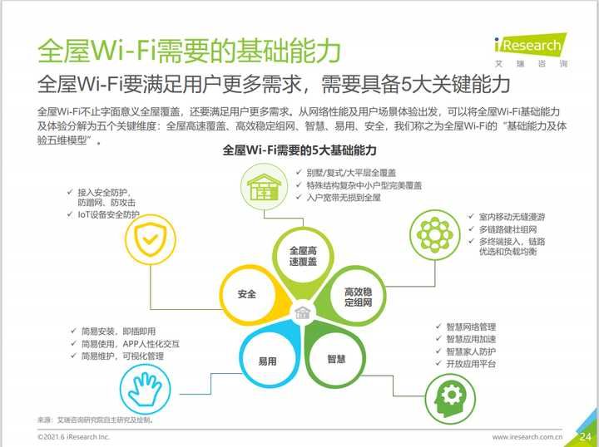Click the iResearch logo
(x=531, y=50)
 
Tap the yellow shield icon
(x=151, y=239)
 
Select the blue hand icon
(x=145, y=389)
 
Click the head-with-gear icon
(x=450, y=399)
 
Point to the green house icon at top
(x=264, y=187)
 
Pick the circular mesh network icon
(x=435, y=235)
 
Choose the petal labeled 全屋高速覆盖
(x=303, y=263)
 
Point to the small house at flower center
(x=303, y=313)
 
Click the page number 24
(x=586, y=436)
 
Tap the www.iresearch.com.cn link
(x=527, y=437)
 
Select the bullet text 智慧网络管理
(x=471, y=327)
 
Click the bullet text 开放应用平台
(x=471, y=364)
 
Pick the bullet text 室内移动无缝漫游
(x=512, y=217)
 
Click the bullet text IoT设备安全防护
(x=108, y=214)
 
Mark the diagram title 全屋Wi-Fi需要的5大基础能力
(x=299, y=150)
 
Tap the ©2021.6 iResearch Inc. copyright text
(x=74, y=437)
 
